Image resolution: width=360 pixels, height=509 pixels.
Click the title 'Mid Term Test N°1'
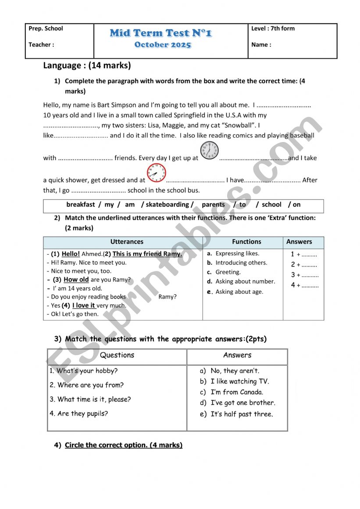[161, 33]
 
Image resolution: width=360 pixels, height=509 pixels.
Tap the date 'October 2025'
[163, 45]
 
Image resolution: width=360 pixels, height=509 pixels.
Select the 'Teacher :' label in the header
[41, 44]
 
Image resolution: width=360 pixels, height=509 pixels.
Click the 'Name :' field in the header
[261, 44]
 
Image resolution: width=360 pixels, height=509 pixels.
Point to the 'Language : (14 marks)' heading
[87, 66]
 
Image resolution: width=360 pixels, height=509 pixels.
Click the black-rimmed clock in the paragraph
[209, 150]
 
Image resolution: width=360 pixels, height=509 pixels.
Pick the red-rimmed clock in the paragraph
[156, 173]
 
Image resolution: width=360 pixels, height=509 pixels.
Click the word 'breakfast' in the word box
[81, 204]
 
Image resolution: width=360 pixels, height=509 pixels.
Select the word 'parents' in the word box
[213, 204]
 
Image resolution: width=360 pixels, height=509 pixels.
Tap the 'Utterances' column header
[127, 242]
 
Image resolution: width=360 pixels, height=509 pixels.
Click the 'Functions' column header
[246, 242]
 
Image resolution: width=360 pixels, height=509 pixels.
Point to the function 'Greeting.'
[228, 272]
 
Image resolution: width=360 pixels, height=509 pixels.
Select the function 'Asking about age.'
[239, 292]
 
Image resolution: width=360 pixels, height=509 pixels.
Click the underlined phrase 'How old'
[76, 280]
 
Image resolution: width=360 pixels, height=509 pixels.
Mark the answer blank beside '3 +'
[310, 276]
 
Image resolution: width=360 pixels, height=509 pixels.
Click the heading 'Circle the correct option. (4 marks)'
[124, 445]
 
